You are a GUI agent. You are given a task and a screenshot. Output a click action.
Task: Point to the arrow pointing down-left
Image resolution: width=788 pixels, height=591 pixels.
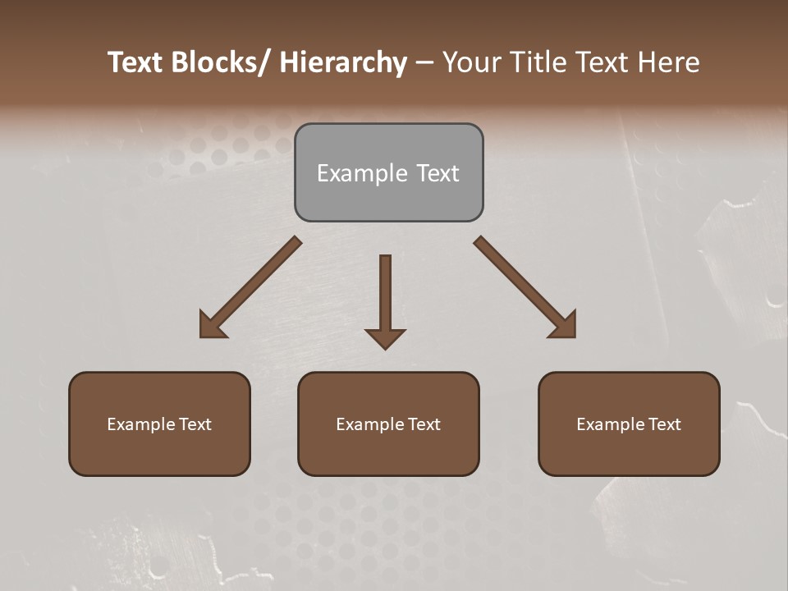[x=250, y=287]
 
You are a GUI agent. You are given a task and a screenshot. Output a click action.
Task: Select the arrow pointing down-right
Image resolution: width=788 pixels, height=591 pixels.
[x=525, y=287]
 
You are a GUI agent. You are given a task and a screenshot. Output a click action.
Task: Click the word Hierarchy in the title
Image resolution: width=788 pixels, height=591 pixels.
[x=343, y=62]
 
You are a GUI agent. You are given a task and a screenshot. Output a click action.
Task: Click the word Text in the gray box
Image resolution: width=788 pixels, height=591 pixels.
[x=438, y=173]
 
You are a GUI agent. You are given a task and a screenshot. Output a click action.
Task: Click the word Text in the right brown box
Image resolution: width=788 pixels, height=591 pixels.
[x=664, y=424]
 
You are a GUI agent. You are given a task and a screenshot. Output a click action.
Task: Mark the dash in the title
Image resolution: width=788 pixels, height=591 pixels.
[x=424, y=63]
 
